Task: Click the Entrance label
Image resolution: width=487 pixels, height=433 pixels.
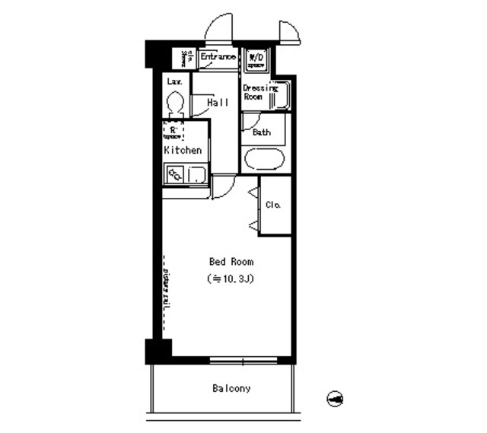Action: [218, 57]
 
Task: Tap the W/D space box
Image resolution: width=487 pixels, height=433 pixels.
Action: [256, 59]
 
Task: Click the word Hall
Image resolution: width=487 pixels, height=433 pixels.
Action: [218, 102]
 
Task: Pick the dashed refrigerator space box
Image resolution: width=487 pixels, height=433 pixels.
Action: [174, 131]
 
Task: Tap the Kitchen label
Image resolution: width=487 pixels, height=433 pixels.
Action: [183, 150]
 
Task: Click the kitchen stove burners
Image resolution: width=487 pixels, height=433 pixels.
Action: [174, 174]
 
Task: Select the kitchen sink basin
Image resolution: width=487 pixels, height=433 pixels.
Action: [196, 174]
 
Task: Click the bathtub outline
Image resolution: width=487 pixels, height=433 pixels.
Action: [263, 161]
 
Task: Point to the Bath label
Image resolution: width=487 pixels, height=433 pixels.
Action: [262, 132]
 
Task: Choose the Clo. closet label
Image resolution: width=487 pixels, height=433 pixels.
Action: [274, 205]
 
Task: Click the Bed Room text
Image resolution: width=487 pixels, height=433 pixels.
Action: [226, 262]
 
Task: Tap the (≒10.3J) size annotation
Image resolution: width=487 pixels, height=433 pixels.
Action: [229, 279]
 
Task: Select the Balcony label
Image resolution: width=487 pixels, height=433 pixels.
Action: [231, 389]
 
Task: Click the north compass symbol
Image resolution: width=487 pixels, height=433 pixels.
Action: [335, 397]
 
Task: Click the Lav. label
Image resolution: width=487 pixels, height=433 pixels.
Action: [173, 80]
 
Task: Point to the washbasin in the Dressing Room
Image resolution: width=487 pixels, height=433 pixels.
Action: [279, 95]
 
